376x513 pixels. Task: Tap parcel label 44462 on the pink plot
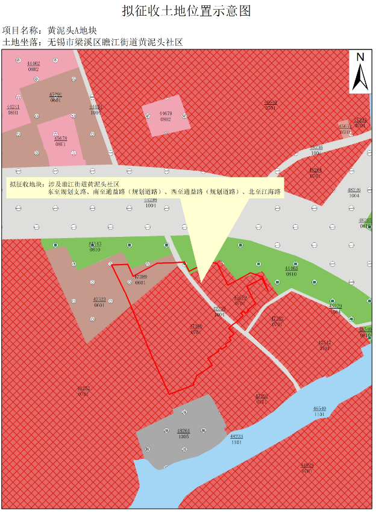click(x=34, y=63)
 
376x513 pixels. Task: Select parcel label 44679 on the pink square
click(x=166, y=113)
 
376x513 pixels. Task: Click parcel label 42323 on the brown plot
click(x=99, y=300)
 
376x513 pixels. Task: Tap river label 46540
click(x=319, y=409)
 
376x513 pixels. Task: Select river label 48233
click(x=236, y=436)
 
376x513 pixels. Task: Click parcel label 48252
click(x=84, y=389)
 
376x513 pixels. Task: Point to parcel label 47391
click(x=262, y=396)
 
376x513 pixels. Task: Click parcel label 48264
click(x=316, y=170)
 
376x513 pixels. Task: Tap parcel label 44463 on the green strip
click(x=291, y=268)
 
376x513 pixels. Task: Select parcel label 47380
click(x=196, y=326)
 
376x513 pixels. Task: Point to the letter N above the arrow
click(x=360, y=57)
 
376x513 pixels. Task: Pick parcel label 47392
click(x=277, y=318)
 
